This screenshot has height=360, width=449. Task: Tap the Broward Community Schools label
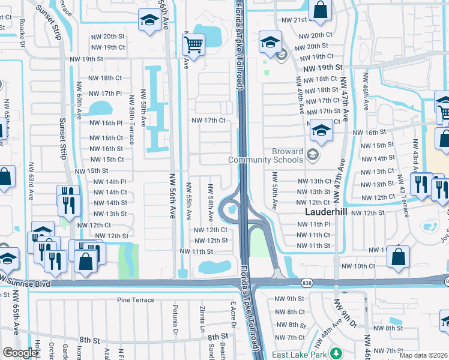265,155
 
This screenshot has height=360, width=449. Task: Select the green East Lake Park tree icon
337,352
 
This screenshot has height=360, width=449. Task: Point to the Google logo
20,353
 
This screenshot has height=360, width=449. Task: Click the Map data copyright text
423,355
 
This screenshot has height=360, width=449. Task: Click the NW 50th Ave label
274,191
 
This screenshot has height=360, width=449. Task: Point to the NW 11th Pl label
314,224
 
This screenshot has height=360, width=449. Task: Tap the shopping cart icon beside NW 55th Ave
193,44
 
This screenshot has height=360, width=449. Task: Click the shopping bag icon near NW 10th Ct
399,256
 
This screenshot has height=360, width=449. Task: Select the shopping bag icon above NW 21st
321,10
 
